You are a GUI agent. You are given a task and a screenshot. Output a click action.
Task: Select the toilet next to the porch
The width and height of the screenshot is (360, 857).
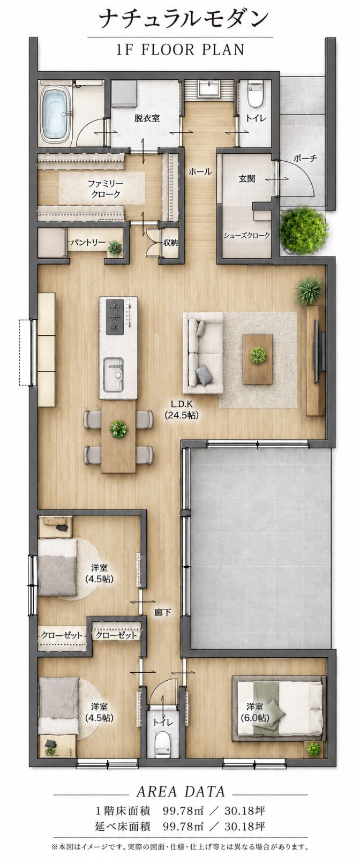pyautogui.click(x=255, y=94)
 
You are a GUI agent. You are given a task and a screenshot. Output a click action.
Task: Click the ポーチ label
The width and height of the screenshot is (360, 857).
pyautogui.click(x=305, y=158)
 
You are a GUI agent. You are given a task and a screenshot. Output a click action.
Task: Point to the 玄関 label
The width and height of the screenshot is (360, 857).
pyautogui.click(x=247, y=178)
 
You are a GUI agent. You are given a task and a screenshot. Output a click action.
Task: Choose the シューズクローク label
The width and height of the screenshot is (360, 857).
pyautogui.click(x=247, y=235)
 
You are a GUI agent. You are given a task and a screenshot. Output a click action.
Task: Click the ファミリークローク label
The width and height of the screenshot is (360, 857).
pyautogui.click(x=104, y=189)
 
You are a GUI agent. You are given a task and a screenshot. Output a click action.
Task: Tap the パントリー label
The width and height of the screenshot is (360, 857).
pyautogui.click(x=88, y=243)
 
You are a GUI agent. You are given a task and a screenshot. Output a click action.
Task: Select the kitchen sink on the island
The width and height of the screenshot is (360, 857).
pyautogui.click(x=113, y=375)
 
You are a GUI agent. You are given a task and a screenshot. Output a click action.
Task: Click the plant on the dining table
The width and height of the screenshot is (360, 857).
pyautogui.click(x=118, y=428)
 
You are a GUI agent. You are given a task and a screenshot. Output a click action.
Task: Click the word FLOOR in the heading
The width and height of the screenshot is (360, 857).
pyautogui.click(x=169, y=50)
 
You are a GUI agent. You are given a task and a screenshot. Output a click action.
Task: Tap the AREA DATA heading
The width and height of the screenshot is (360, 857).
pyautogui.click(x=180, y=791)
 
